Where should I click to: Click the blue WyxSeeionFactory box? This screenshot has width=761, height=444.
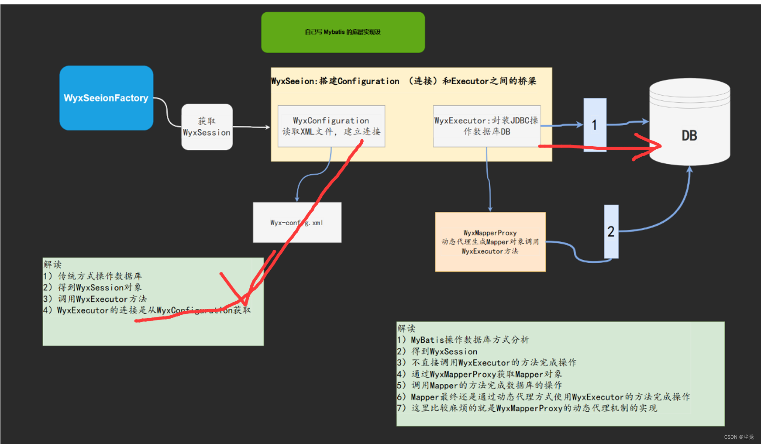click(x=106, y=98)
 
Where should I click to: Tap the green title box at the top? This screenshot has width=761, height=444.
click(x=343, y=32)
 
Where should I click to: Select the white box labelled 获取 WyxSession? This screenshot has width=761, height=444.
click(x=207, y=127)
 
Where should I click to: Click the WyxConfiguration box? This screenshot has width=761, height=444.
click(x=331, y=126)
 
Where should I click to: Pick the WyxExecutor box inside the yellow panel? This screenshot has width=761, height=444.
click(x=486, y=126)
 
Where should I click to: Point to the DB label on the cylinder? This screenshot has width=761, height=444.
click(x=689, y=136)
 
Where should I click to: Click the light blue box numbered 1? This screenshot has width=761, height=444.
click(x=595, y=125)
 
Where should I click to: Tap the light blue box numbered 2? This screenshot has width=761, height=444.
click(x=611, y=231)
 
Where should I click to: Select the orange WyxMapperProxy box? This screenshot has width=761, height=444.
click(x=490, y=242)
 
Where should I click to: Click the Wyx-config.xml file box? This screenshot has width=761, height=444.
click(x=297, y=223)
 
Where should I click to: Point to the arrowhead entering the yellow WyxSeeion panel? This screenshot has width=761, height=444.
click(x=267, y=127)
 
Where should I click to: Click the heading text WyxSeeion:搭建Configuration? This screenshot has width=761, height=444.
click(x=335, y=81)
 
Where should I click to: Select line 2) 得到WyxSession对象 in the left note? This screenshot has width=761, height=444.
click(x=93, y=287)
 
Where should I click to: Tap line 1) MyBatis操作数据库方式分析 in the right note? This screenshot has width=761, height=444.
click(x=463, y=340)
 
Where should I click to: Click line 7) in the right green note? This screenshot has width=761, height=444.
click(x=527, y=408)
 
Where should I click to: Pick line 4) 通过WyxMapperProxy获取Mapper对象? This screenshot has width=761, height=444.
click(x=479, y=374)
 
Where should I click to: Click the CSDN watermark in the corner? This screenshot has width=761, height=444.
click(x=739, y=437)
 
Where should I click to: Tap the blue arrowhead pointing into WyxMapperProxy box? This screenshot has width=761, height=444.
click(x=490, y=209)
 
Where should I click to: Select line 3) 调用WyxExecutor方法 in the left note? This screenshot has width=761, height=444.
click(x=95, y=299)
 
